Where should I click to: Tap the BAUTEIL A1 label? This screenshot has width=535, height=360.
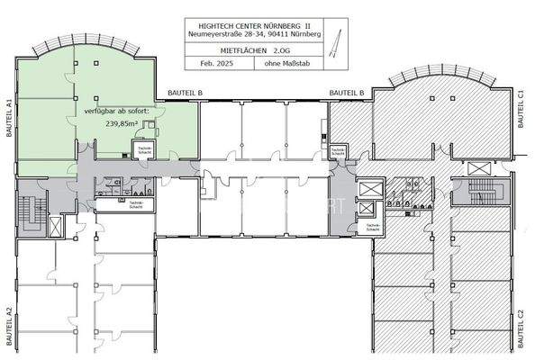click(7, 116)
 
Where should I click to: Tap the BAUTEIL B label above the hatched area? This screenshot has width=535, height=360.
click(346, 93)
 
